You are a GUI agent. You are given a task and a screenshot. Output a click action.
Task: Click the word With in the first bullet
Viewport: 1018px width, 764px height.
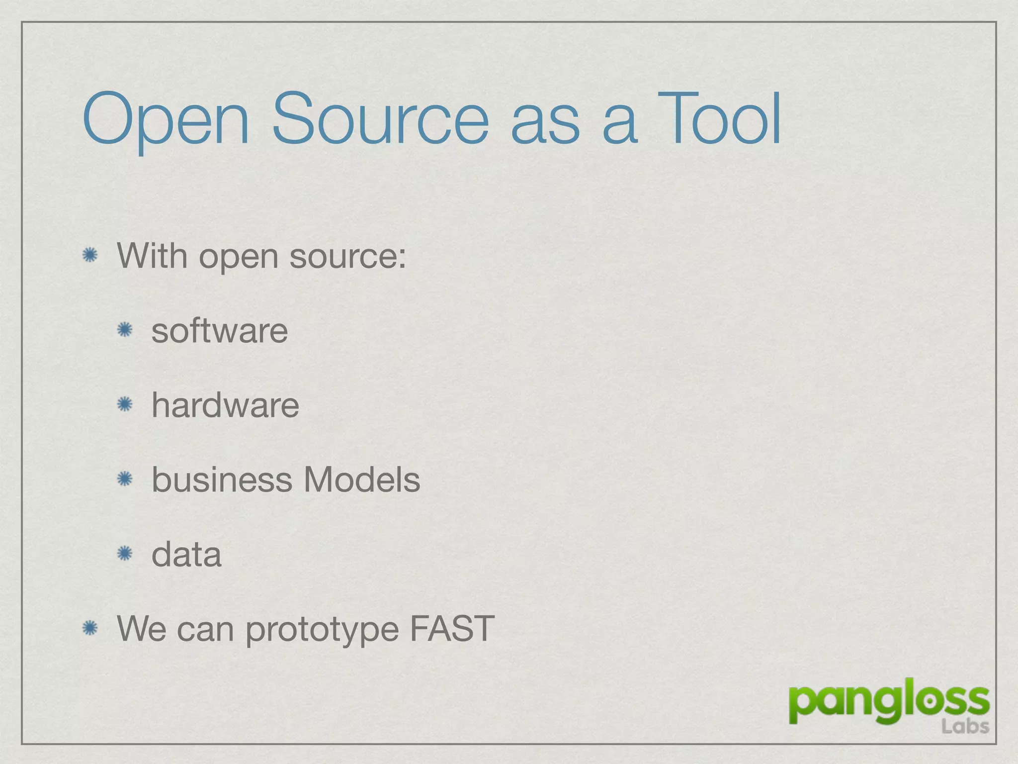click(152, 256)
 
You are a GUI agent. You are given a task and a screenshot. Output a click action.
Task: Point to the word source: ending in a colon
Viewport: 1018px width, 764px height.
click(347, 257)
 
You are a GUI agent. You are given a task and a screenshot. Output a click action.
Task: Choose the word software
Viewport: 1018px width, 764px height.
click(219, 330)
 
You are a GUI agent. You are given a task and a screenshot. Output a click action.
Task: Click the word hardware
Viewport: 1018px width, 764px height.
click(225, 405)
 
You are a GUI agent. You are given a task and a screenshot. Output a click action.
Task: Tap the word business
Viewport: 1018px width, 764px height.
click(222, 479)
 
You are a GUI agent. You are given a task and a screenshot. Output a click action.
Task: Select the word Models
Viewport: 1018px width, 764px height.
click(361, 479)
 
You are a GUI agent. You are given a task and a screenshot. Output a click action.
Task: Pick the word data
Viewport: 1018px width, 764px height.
click(186, 554)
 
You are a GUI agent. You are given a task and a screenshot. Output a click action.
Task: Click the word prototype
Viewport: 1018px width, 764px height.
click(322, 630)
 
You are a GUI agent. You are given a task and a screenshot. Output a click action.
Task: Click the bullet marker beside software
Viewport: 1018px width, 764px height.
click(124, 330)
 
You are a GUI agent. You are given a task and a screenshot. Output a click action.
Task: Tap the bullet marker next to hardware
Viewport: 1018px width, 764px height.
click(124, 404)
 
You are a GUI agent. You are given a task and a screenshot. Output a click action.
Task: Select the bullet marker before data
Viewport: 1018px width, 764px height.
click(124, 554)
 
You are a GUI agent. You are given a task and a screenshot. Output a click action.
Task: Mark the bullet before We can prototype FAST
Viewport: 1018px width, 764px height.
click(90, 628)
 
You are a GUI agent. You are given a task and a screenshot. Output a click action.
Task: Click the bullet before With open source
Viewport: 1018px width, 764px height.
click(90, 255)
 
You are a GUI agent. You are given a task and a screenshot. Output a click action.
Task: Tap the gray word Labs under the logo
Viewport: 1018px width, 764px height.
click(964, 727)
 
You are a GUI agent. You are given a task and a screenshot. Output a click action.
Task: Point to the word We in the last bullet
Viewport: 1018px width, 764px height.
click(141, 629)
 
